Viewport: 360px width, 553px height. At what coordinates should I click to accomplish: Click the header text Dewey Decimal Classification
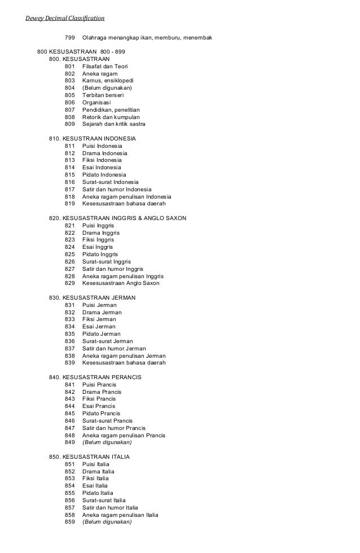coord(65,18)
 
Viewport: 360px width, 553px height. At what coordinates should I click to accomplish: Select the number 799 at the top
coord(70,37)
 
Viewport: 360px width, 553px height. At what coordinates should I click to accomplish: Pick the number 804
coord(70,88)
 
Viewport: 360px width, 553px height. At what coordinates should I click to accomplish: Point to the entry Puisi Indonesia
coord(102,146)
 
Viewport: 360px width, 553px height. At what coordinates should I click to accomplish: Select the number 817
coord(70,189)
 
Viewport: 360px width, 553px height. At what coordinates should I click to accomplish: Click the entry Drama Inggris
coord(98,232)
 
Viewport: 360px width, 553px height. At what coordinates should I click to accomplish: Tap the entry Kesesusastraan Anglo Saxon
coord(121,283)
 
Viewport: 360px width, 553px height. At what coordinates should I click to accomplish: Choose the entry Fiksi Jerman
coord(99,319)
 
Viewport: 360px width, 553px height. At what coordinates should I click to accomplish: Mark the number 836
coord(70,341)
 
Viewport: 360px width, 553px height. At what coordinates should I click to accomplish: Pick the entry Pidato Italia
coord(98,493)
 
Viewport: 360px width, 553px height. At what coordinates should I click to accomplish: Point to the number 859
coord(70,522)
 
